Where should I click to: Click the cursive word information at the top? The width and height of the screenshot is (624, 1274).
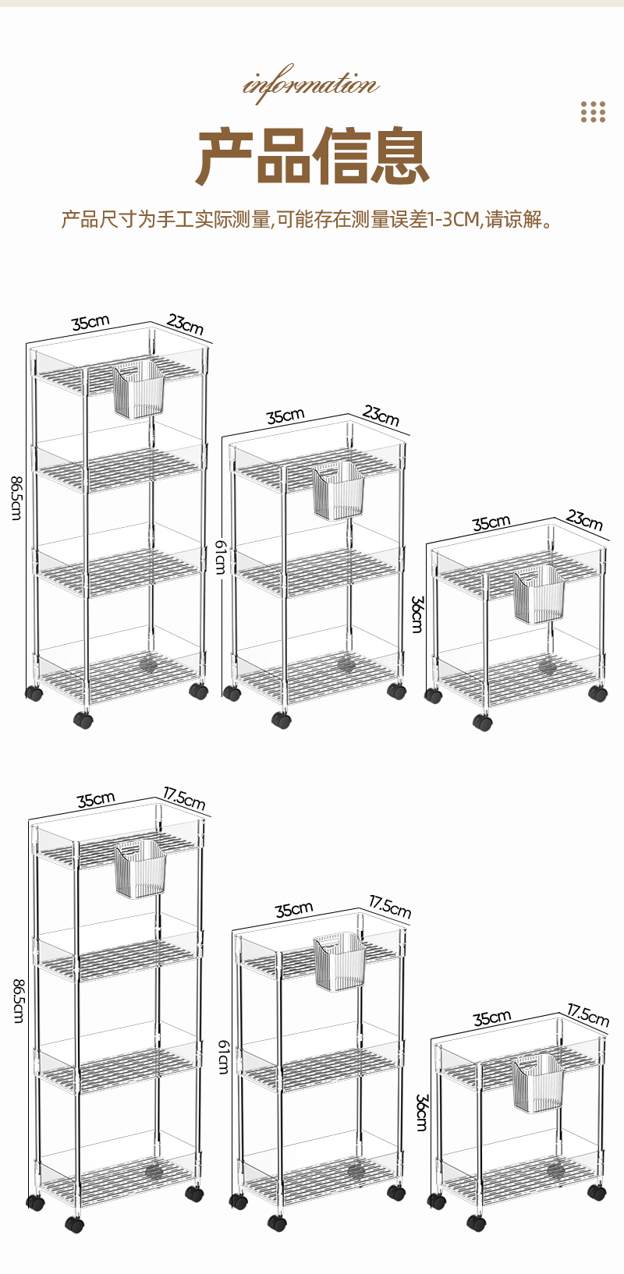pyautogui.click(x=311, y=84)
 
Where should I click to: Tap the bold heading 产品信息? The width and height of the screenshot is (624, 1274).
pyautogui.click(x=312, y=157)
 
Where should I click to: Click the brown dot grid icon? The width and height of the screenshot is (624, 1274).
pyautogui.click(x=593, y=112)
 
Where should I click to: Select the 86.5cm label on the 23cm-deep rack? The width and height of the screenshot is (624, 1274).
pyautogui.click(x=16, y=497)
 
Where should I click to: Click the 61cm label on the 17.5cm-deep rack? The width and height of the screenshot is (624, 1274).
pyautogui.click(x=224, y=1057)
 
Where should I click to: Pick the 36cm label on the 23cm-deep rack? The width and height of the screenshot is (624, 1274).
pyautogui.click(x=417, y=614)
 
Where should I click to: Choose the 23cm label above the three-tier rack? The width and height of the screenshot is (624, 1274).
pyautogui.click(x=381, y=416)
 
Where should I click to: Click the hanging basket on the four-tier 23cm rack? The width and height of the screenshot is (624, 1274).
pyautogui.click(x=140, y=389)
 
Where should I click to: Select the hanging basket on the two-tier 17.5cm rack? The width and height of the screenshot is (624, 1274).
pyautogui.click(x=538, y=1084)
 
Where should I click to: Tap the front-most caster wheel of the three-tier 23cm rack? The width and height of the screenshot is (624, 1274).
pyautogui.click(x=282, y=720)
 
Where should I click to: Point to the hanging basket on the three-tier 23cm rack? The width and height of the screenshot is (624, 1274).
pyautogui.click(x=339, y=490)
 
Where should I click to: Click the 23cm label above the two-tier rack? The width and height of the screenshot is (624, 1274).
pyautogui.click(x=584, y=520)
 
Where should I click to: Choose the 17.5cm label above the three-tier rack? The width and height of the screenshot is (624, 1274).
pyautogui.click(x=390, y=907)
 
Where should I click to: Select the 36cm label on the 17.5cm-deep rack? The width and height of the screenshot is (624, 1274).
pyautogui.click(x=421, y=1113)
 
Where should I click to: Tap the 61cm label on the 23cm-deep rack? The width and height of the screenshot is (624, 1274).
pyautogui.click(x=222, y=557)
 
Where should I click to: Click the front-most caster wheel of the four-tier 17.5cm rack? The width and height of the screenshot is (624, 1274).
pyautogui.click(x=75, y=1225)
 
